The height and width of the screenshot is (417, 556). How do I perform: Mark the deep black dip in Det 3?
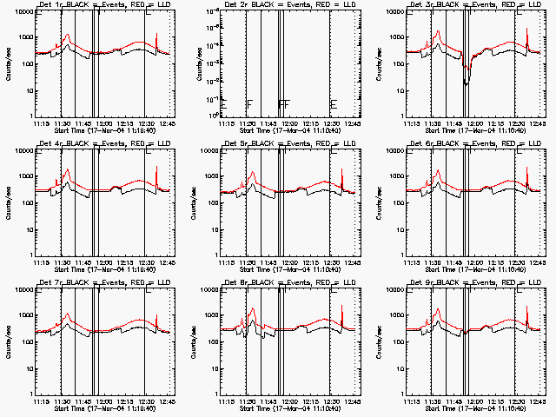pos(467,82)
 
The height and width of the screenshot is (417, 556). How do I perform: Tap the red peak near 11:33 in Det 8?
pos(252,309)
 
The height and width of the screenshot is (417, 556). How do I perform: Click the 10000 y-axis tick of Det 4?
pos(22,150)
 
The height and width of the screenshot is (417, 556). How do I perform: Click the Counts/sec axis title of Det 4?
pos(8,204)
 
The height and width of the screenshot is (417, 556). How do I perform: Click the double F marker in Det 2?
pos(283,104)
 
